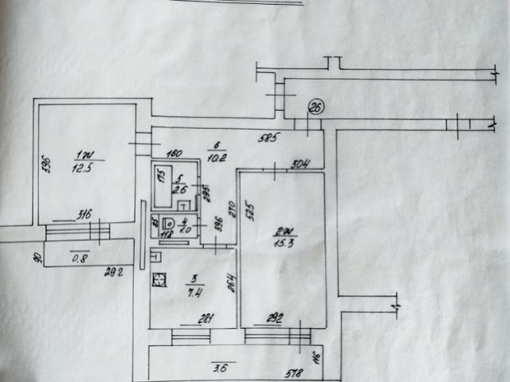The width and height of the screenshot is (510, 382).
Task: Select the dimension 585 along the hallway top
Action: point(267,138)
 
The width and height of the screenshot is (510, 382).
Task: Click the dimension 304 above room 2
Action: point(300,166)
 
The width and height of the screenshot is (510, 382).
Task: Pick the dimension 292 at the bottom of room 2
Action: point(275,320)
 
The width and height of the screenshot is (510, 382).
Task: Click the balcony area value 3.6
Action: point(221,367)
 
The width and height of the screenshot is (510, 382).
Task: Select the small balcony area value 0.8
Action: point(79,256)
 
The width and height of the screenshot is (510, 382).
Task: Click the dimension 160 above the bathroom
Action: point(175,154)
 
